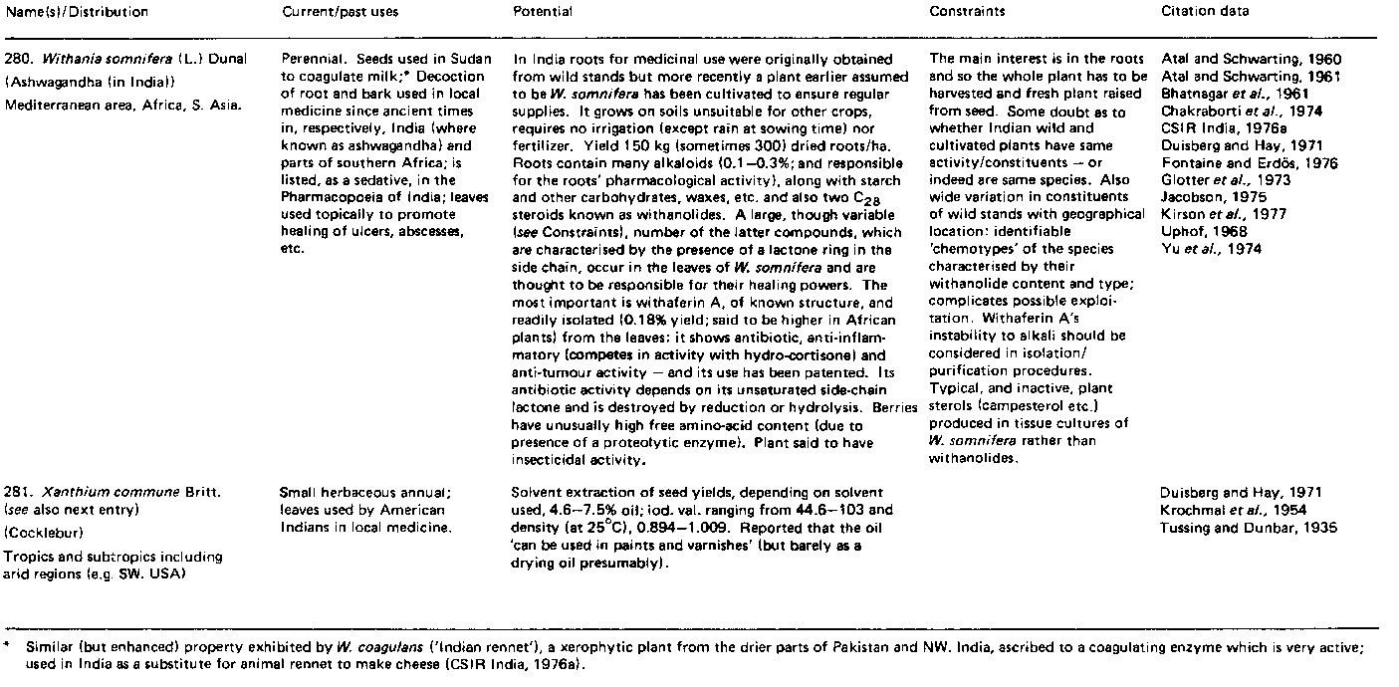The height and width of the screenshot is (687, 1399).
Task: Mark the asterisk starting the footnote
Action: tap(7, 647)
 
